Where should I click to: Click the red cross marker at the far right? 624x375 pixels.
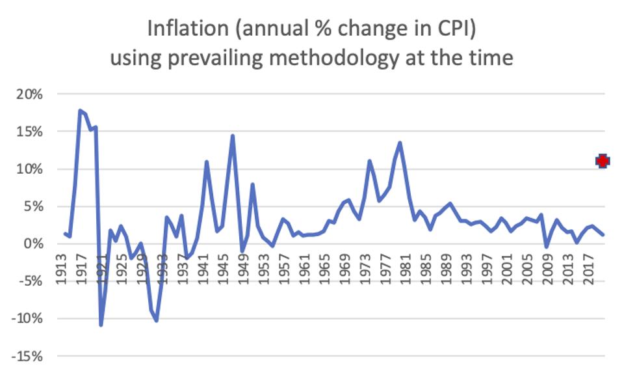[603, 161]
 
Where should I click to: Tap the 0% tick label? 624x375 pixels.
[32, 244]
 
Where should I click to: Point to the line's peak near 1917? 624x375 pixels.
[80, 111]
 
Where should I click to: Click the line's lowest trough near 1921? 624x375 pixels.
[101, 324]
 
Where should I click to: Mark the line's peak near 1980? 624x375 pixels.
[400, 143]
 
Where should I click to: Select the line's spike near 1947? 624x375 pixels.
[232, 135]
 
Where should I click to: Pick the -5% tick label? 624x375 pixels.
[29, 282]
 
